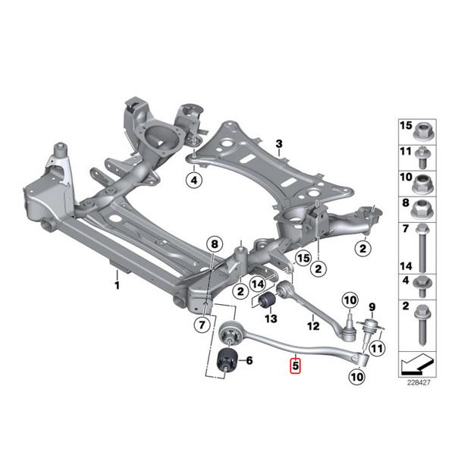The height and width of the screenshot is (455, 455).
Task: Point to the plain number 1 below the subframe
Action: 117,286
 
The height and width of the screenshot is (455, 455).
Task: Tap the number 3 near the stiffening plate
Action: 278,143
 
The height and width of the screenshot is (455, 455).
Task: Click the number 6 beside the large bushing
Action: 249,361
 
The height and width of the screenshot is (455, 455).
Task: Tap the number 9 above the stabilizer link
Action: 350,302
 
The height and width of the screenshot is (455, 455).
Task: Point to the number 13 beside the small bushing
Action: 271,318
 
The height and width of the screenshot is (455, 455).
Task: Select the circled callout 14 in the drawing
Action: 257,284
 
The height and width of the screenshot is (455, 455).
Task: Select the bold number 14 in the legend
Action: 406,266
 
